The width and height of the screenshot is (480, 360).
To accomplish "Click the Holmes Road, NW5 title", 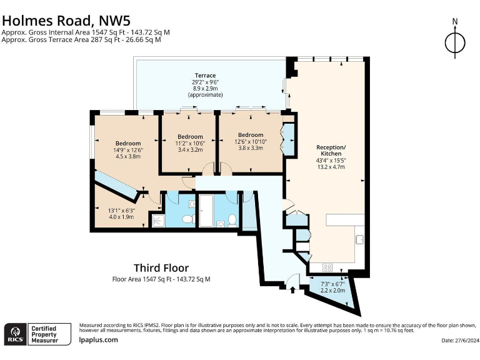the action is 66,21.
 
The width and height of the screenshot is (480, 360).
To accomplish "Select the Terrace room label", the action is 205,75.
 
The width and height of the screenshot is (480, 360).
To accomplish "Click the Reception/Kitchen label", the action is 331,150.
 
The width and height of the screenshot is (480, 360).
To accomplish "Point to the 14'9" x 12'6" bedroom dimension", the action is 128,150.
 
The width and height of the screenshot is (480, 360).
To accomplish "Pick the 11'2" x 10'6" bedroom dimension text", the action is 190,143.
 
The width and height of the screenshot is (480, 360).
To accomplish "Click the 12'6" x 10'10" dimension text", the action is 251,141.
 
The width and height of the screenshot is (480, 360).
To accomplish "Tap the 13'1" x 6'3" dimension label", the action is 121,211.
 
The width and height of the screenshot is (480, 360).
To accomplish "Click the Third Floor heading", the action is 161,268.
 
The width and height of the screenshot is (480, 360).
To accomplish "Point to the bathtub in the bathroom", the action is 206,211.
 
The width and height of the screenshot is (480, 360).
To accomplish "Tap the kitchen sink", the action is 360,239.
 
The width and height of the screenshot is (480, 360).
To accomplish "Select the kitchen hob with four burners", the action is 327,267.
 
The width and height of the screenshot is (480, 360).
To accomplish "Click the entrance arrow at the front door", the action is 292,289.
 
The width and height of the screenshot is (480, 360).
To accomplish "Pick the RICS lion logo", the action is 16,334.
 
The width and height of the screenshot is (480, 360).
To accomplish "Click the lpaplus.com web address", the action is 98,339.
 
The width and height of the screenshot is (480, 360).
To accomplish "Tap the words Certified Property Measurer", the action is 45,334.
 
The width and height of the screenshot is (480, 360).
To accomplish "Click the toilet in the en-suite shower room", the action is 187,219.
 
